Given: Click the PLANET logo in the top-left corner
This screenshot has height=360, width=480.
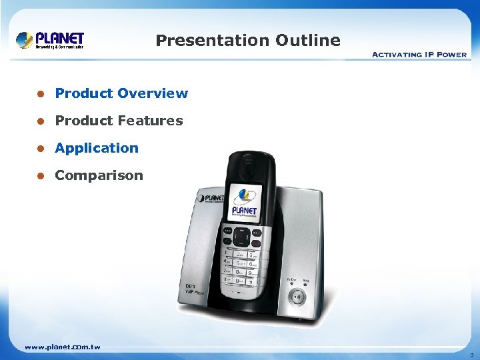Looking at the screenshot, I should pyautogui.click(x=50, y=40).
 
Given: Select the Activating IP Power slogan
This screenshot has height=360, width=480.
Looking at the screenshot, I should pyautogui.click(x=419, y=55).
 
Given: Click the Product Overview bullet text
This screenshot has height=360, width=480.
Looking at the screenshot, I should pyautogui.click(x=121, y=93).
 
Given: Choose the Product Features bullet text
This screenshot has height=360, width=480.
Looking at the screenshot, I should pyautogui.click(x=119, y=121).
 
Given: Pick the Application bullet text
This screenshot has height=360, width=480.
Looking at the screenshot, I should pyautogui.click(x=97, y=148).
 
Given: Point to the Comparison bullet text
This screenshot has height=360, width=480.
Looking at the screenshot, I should pyautogui.click(x=99, y=175).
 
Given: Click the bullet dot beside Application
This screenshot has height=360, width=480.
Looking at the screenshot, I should pyautogui.click(x=40, y=149).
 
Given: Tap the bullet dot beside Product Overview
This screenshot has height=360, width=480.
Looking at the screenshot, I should pyautogui.click(x=40, y=94).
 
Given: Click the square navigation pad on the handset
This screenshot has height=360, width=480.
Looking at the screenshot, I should pyautogui.click(x=243, y=236).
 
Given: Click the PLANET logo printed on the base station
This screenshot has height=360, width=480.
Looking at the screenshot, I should pyautogui.click(x=211, y=198).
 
